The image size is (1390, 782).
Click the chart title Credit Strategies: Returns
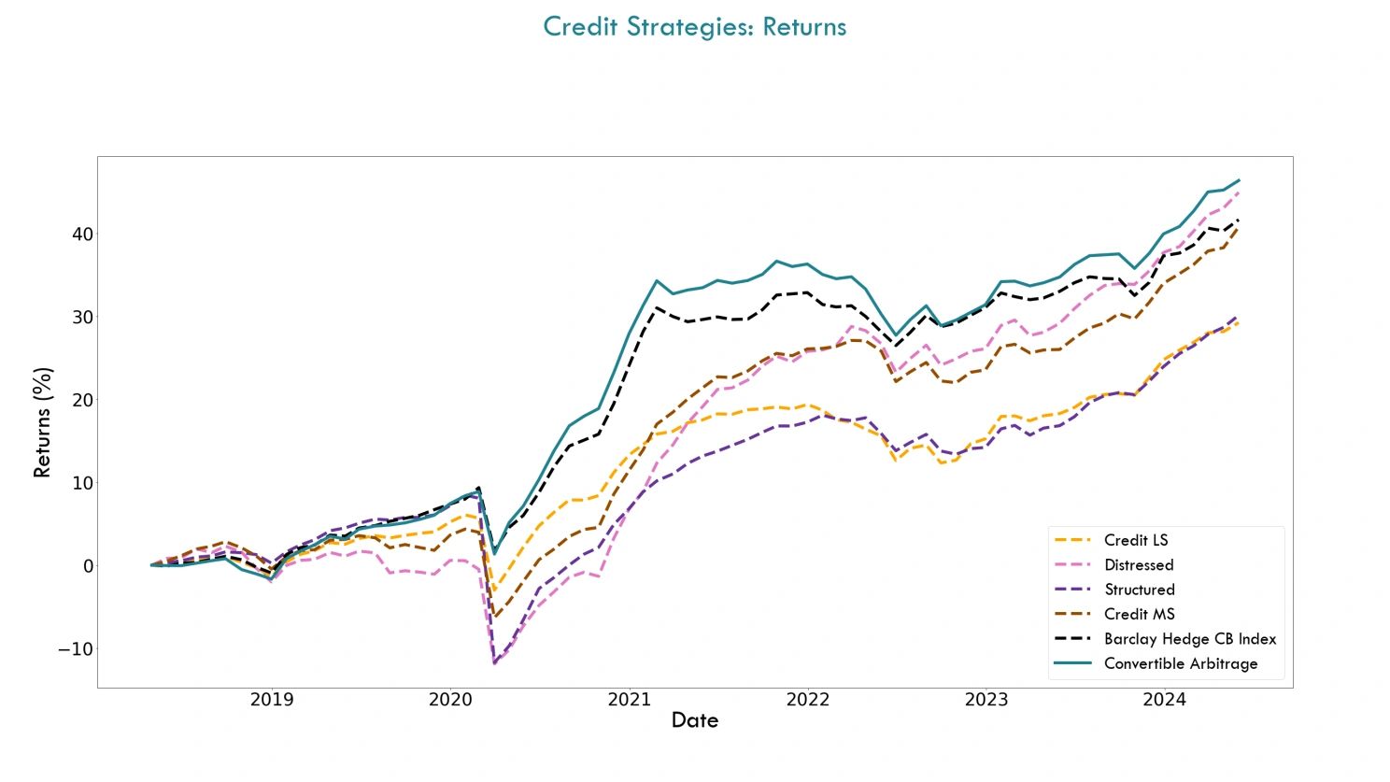(x=694, y=26)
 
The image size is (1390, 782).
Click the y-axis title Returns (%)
(x=42, y=422)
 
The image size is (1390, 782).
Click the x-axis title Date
(x=694, y=720)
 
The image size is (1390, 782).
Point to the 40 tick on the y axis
(x=82, y=234)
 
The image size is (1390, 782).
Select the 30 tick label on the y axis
(x=82, y=317)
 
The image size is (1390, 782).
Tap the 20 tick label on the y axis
(x=82, y=400)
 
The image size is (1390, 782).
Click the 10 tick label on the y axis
(x=82, y=483)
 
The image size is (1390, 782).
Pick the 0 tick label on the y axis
(x=88, y=566)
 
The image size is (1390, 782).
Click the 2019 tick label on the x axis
(x=272, y=700)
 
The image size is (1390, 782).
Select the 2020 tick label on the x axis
(x=450, y=700)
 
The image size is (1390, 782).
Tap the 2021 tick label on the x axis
(x=629, y=700)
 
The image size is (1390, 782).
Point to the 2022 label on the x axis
(x=807, y=700)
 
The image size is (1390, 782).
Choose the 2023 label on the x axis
(x=986, y=700)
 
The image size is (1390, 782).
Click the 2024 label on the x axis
(x=1164, y=700)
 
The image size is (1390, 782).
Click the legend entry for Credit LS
(x=1135, y=540)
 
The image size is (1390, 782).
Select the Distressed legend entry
(x=1138, y=565)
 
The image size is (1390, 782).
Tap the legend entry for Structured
(x=1139, y=590)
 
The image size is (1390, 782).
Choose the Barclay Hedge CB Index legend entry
(x=1189, y=639)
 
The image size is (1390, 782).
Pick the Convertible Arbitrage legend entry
(x=1180, y=663)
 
